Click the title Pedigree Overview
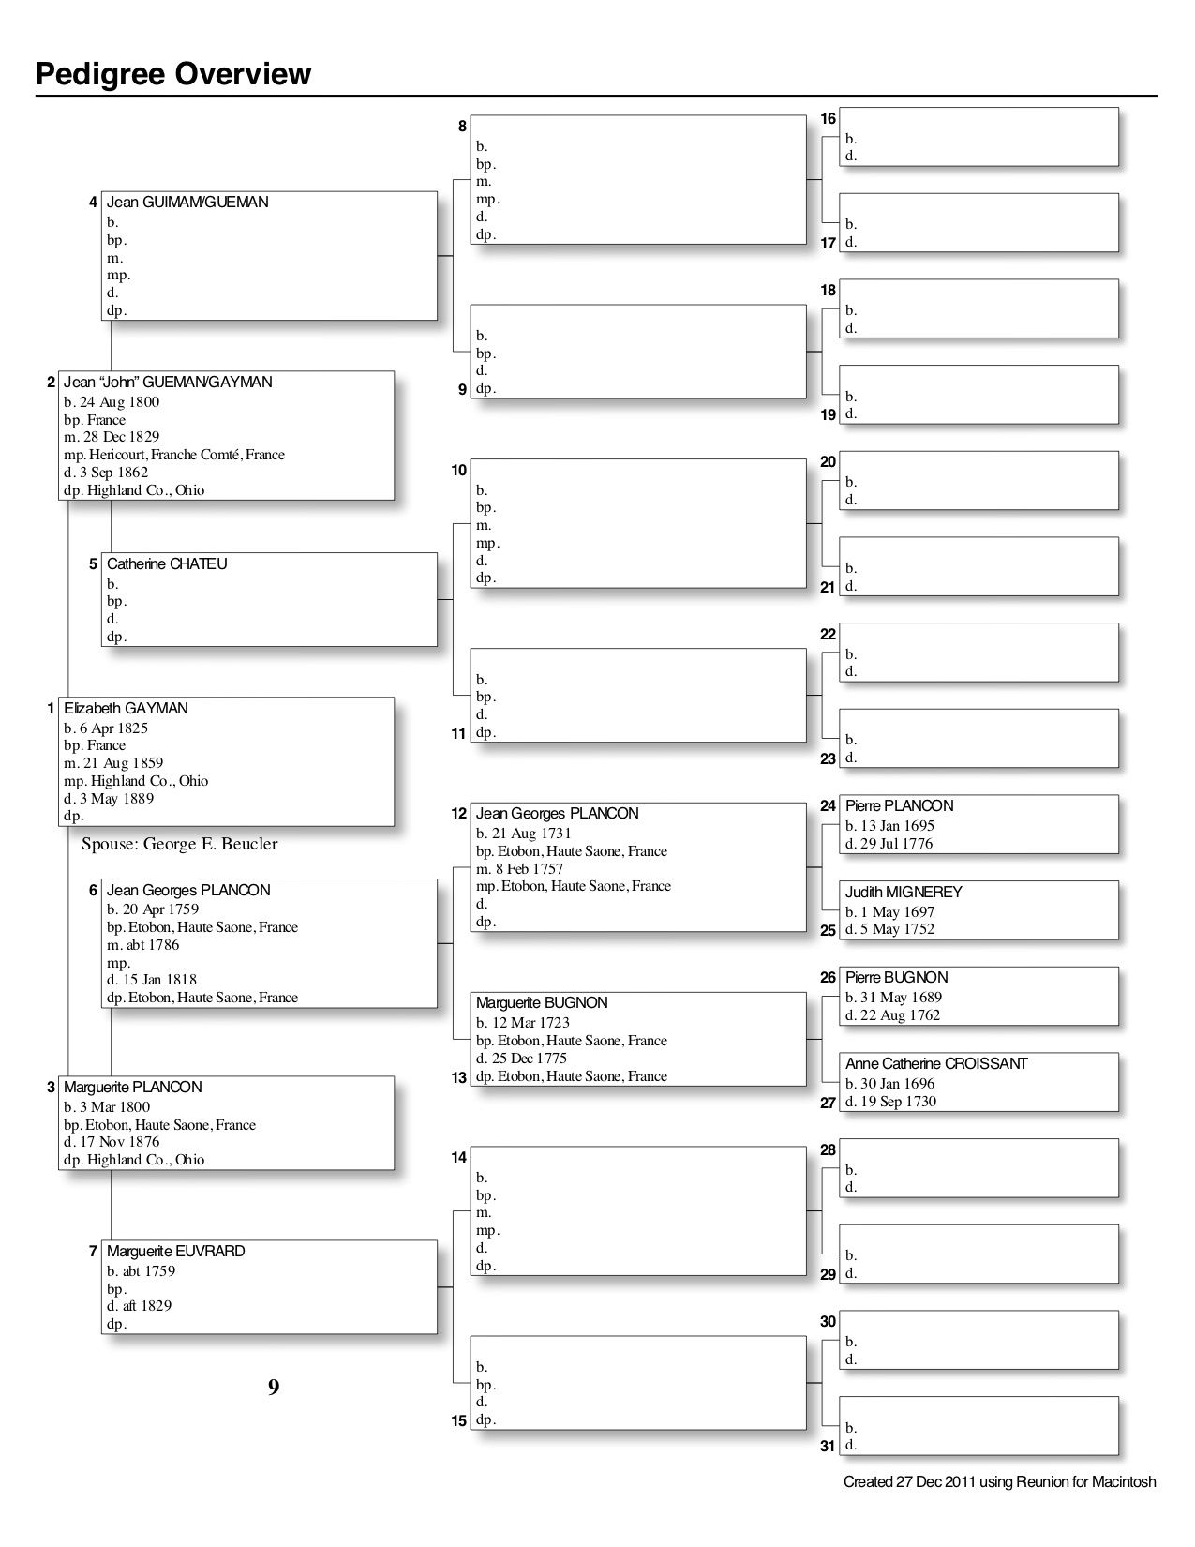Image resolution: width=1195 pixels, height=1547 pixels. [173, 73]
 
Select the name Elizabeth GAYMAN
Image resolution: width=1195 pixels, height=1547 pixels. [126, 709]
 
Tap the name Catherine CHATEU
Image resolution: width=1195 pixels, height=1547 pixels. [167, 564]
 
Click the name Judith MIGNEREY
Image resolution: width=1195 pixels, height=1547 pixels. [904, 893]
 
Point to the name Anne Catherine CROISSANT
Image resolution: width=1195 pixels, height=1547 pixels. [936, 1064]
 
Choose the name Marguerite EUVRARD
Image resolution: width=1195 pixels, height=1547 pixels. [175, 1252]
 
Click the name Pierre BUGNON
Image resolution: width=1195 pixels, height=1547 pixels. [897, 978]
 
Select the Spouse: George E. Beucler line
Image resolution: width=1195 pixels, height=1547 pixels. [180, 844]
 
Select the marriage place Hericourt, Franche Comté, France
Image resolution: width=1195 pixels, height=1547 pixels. [186, 455]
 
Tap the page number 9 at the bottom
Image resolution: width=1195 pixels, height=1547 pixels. [274, 1387]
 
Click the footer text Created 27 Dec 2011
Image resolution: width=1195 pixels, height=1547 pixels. [999, 1482]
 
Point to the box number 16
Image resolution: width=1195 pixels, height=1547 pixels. [829, 119]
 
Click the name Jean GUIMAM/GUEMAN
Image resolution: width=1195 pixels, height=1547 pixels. [187, 203]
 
